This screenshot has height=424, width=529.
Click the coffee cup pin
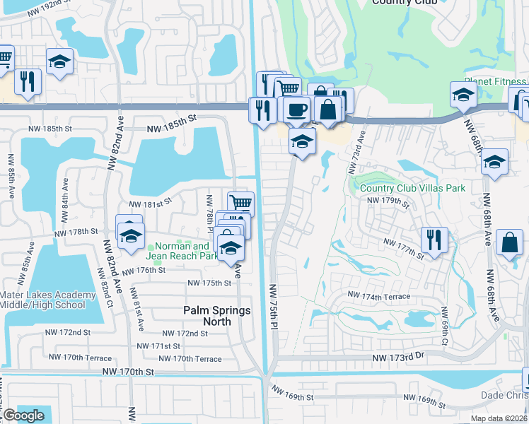tap(297, 110)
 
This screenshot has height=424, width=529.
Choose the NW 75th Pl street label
tap(274, 305)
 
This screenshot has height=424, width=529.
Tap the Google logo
tap(23, 416)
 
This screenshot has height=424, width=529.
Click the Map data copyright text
tap(499, 418)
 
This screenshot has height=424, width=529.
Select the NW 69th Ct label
tap(444, 322)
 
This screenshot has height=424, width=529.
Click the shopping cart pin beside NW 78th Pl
tap(241, 204)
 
